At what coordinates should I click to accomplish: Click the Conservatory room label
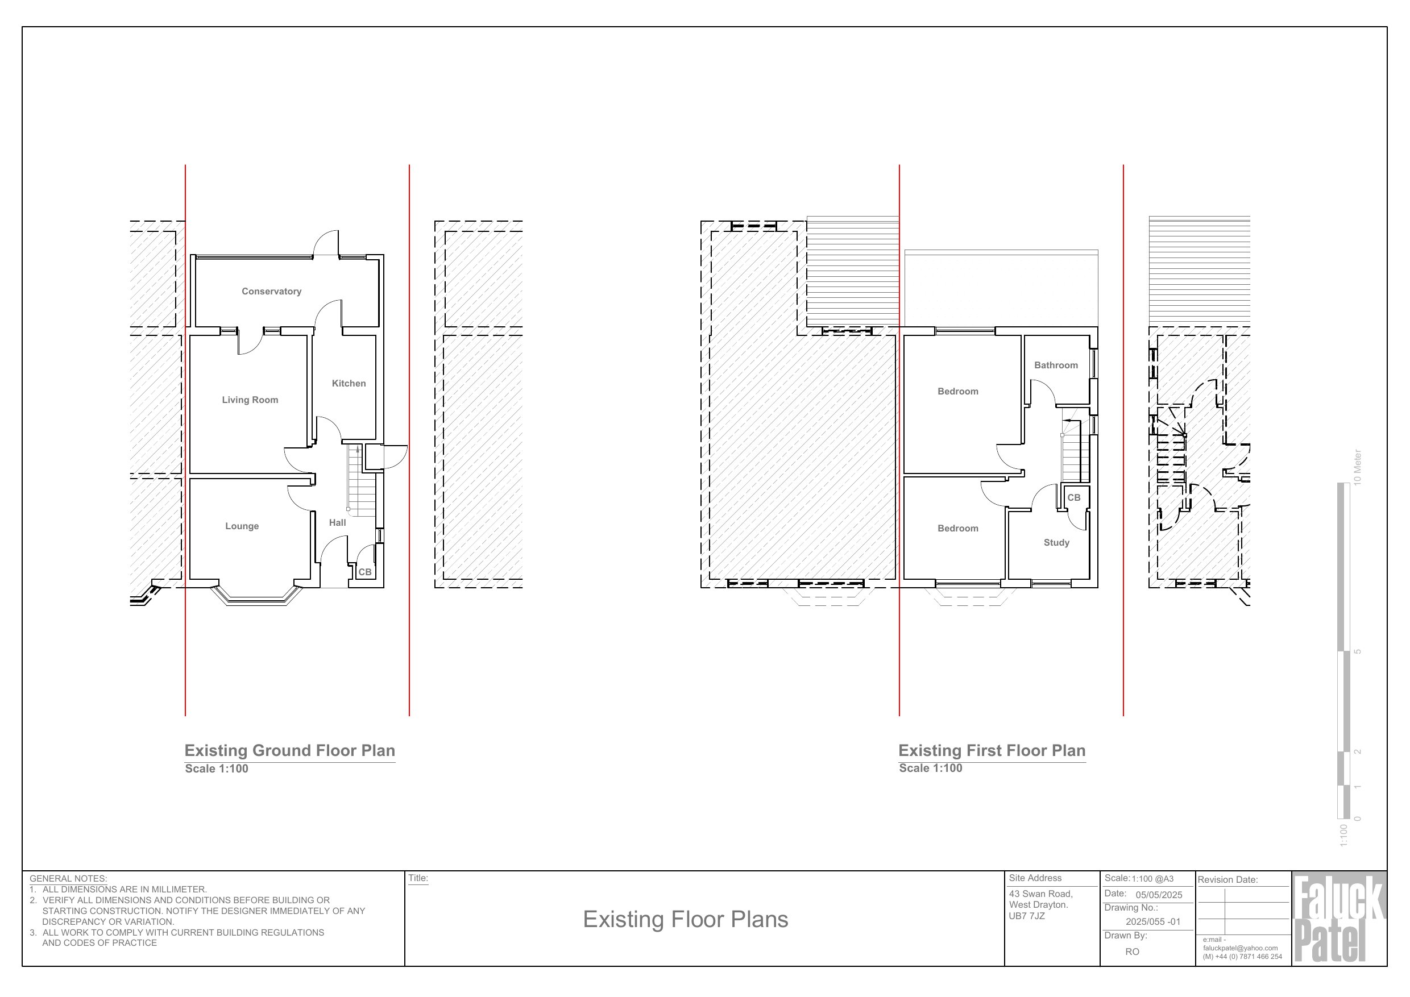[271, 292]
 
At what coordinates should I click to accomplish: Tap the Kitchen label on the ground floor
[349, 384]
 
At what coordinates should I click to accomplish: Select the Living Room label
[250, 400]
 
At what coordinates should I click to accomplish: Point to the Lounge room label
[242, 526]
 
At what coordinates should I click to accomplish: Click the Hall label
[337, 522]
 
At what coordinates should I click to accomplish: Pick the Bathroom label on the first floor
[1056, 365]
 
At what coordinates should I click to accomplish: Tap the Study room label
[1056, 543]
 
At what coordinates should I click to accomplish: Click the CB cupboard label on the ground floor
[365, 572]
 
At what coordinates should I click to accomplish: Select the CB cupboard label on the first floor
[1073, 498]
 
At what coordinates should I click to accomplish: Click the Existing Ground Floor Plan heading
[290, 751]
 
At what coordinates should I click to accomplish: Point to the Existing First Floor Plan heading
[992, 751]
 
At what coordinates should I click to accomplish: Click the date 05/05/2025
[1159, 895]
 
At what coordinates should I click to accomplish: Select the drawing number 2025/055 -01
[1152, 921]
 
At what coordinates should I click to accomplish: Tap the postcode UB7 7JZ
[1027, 916]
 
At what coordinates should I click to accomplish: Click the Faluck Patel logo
[1339, 919]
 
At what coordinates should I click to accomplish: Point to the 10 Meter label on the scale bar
[1358, 467]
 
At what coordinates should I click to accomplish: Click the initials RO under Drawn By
[1133, 952]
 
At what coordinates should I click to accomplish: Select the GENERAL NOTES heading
[68, 879]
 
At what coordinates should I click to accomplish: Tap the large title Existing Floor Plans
[685, 919]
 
